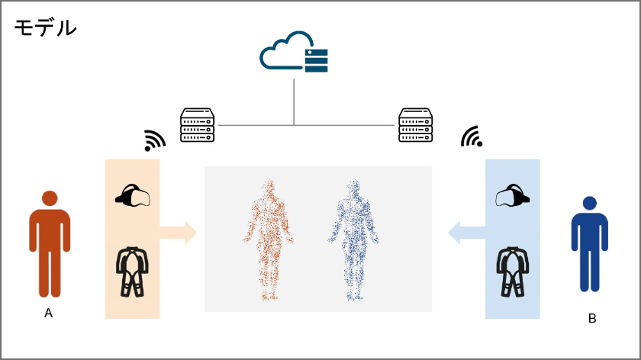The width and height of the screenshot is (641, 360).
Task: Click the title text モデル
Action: pos(46,28)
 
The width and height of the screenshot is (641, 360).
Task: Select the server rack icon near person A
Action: pos(197,124)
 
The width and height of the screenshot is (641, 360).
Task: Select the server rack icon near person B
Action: pos(416,124)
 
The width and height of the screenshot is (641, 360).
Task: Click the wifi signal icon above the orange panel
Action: pos(155,140)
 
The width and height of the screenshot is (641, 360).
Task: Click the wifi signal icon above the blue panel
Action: pos(472,136)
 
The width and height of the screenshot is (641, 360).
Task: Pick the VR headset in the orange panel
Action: pos(133,196)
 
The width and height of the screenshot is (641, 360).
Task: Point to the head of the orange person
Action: pos(50,198)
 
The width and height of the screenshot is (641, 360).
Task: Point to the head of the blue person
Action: pos(589,204)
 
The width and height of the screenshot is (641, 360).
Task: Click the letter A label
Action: pos(49,313)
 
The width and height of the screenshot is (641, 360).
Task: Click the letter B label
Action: pos(592,318)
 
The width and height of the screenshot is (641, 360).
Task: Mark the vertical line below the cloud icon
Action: pos(294,99)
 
